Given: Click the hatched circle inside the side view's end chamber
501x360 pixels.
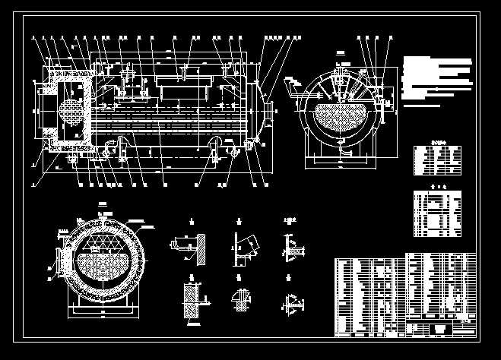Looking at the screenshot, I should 68,111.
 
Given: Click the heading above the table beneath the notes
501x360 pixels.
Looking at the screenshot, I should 437,141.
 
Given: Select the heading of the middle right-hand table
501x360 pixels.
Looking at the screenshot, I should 437,185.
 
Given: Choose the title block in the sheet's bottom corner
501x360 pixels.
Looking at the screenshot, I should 441,328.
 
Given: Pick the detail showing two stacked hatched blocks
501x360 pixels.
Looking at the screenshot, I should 190,301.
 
